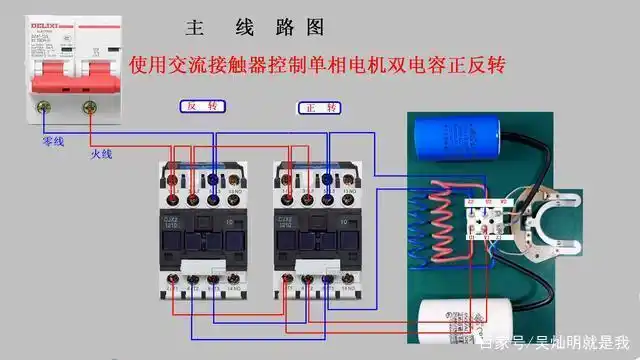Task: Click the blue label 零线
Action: click(x=53, y=142)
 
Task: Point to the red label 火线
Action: click(x=102, y=154)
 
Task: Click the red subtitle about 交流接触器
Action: click(x=318, y=65)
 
